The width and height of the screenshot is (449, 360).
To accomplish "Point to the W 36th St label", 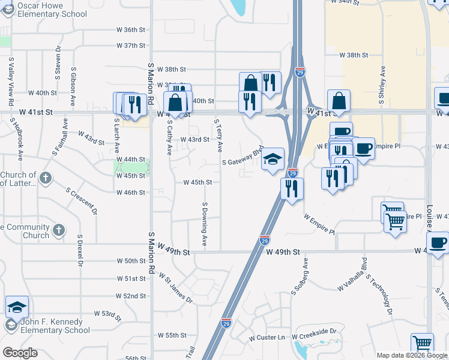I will pyautogui.click(x=131, y=29).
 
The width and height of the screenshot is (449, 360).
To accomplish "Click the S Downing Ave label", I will pyautogui.click(x=205, y=225).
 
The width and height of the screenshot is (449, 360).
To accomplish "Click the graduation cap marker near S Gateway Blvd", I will pyautogui.click(x=273, y=159).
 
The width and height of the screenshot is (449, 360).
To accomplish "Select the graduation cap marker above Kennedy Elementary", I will pyautogui.click(x=17, y=307).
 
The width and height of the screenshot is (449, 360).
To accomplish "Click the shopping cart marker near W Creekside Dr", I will pyautogui.click(x=422, y=344).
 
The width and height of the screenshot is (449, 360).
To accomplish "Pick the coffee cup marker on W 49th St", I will pyautogui.click(x=438, y=242).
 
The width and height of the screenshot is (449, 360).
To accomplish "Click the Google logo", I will pyautogui.click(x=20, y=353).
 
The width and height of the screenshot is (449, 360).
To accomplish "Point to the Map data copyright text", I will pyautogui.click(x=411, y=355).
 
